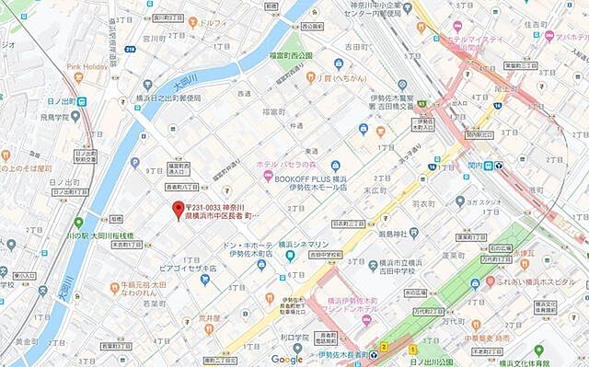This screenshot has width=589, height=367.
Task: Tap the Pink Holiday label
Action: (x=88, y=67)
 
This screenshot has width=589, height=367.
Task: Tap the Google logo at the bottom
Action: (x=287, y=359)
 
